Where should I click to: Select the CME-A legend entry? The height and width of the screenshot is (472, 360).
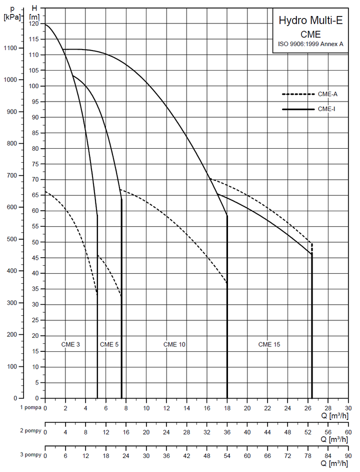coord(327,94)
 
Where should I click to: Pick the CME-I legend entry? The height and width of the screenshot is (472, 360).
coord(326,109)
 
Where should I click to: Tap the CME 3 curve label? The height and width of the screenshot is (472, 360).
coord(70,344)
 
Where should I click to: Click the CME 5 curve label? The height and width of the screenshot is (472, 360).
coord(109,344)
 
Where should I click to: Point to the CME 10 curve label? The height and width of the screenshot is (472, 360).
coord(174,344)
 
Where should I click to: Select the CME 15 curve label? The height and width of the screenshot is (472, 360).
coord(269,344)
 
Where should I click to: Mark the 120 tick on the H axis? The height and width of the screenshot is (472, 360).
coord(34,24)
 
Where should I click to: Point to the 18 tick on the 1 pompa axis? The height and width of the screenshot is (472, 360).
coord(227,408)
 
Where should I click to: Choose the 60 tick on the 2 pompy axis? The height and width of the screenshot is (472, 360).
coord(348,432)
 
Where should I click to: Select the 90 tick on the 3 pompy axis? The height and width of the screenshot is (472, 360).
coord(348,456)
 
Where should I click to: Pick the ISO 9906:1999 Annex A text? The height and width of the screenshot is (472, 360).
coord(310,44)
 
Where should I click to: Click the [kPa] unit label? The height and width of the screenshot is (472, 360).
coord(12,17)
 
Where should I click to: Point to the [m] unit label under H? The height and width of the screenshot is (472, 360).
coord(34,17)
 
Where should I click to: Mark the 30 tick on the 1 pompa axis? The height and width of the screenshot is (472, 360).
coord(348,408)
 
